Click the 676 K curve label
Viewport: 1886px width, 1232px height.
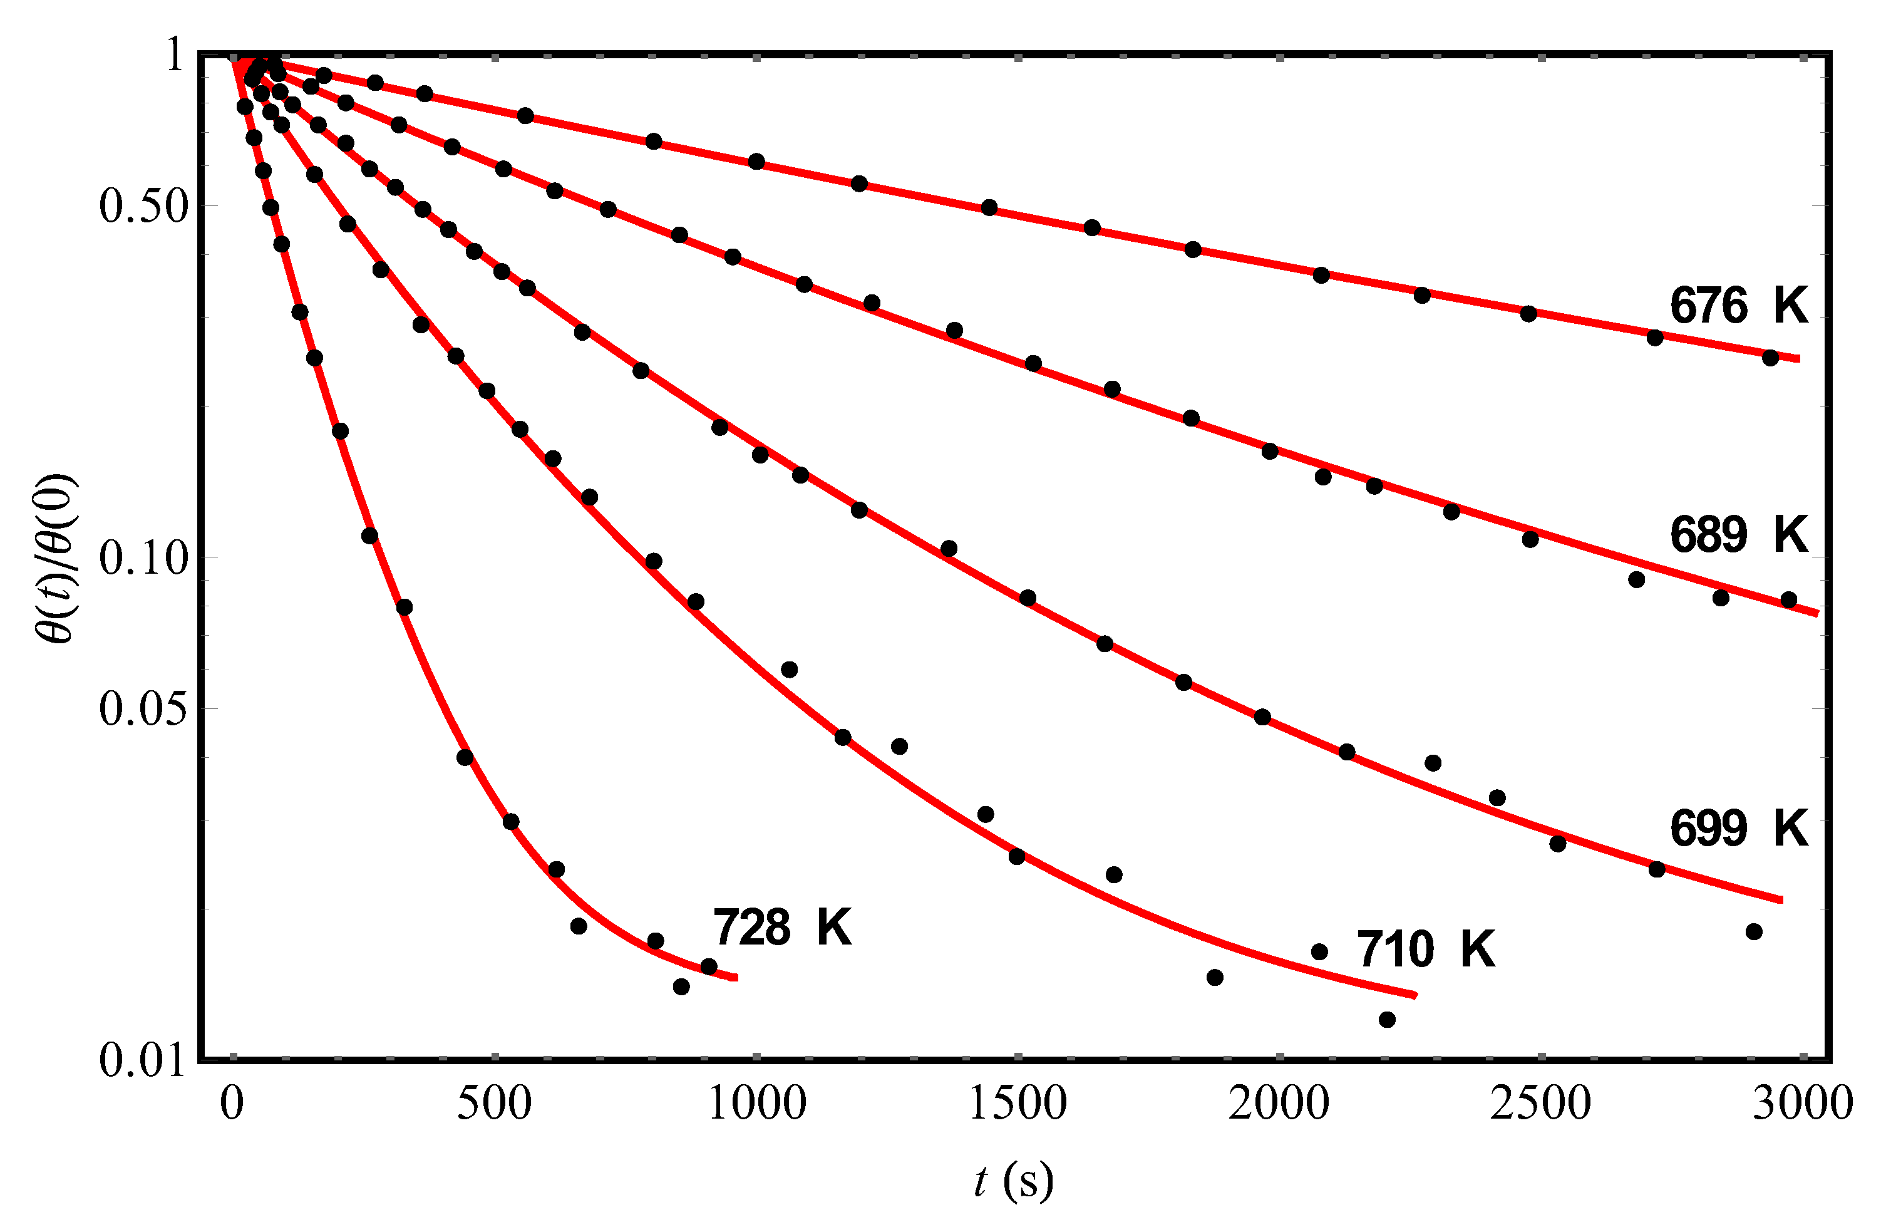1739,305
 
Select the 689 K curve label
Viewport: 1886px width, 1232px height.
1739,534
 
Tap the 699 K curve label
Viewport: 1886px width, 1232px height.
1739,829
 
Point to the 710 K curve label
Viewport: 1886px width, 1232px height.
1426,949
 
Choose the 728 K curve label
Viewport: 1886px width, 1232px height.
783,927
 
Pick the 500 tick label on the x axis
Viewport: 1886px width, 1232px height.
495,1104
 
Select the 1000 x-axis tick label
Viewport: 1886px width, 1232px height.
757,1104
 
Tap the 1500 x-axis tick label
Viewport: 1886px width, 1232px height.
1018,1104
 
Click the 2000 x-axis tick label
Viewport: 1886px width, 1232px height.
1279,1104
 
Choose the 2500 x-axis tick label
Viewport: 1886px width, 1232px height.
1540,1104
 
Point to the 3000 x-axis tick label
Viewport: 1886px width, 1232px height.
1802,1104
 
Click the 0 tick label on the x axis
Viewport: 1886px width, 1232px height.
232,1104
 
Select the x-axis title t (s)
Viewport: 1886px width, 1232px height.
1014,1182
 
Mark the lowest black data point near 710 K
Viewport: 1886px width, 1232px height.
1387,1020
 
